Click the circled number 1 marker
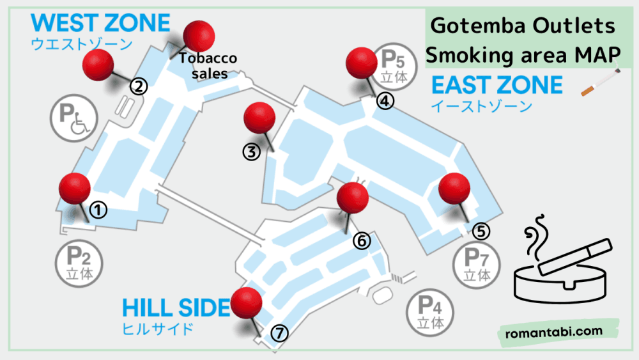(98, 208)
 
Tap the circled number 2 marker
(139, 86)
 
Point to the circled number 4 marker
(385, 100)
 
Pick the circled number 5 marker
(482, 230)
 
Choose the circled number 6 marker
(361, 240)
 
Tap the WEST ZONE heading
(100, 24)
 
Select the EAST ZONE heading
(497, 85)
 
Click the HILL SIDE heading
(176, 309)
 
